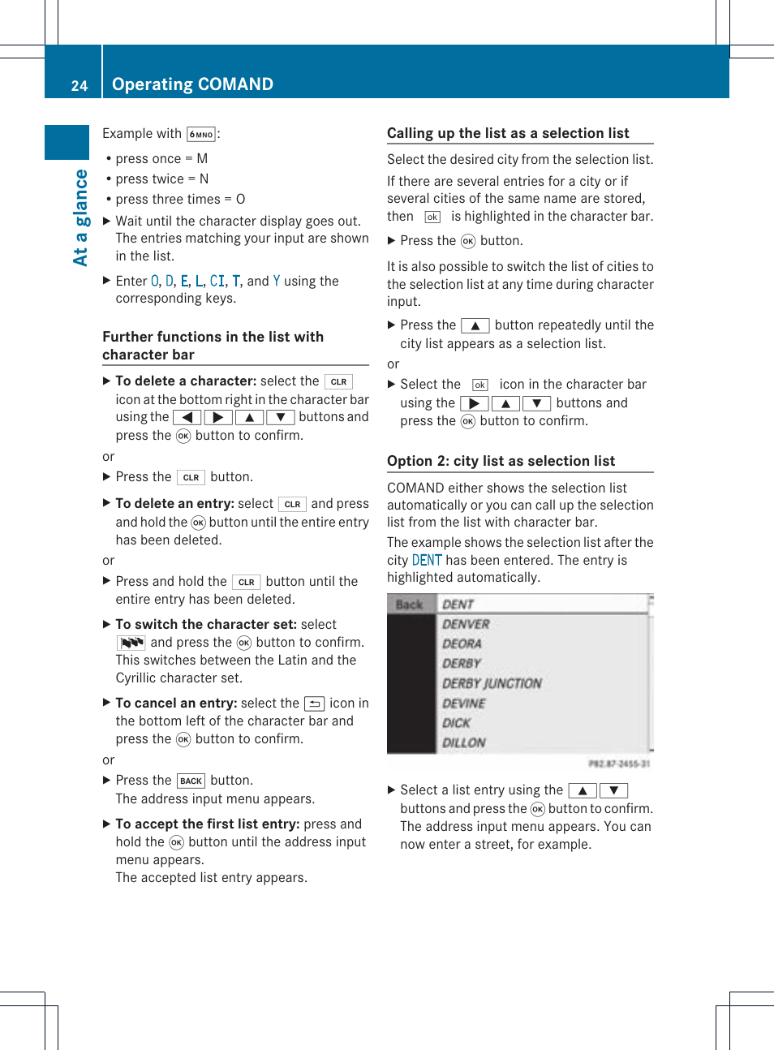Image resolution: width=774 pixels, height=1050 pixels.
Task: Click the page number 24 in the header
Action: pos(79,85)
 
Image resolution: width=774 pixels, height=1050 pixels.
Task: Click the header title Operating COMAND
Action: pos(192,84)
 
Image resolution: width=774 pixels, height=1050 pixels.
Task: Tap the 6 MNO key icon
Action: pos(200,135)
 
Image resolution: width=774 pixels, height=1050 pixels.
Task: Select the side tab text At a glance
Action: pos(80,217)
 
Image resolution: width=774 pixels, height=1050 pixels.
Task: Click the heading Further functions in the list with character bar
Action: pos(213,346)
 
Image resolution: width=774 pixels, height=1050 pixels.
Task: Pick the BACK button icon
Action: pos(191,781)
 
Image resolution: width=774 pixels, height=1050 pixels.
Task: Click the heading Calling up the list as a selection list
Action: pos(508,133)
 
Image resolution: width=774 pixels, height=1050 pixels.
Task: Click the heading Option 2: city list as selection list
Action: pos(501,461)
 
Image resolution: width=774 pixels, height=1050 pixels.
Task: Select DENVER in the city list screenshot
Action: pos(466,624)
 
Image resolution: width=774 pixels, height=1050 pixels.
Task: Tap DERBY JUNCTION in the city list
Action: pos(492,683)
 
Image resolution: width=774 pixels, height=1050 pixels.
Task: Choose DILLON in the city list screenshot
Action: pos(463,742)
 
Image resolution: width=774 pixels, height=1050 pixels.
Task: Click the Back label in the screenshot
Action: pos(409,605)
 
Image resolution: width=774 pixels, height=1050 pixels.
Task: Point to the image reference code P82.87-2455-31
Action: pos(618,764)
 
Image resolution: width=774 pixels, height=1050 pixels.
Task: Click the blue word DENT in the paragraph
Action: pos(427,560)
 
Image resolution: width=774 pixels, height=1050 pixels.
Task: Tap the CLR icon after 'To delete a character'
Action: pos(338,381)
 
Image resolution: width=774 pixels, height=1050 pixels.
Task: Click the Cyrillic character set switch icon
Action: pos(131,643)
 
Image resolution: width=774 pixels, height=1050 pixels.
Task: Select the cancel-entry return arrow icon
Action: pos(314,704)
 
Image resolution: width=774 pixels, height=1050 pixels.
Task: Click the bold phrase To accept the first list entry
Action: pos(207,824)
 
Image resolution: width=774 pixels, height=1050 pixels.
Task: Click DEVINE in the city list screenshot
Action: pos(463,704)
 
